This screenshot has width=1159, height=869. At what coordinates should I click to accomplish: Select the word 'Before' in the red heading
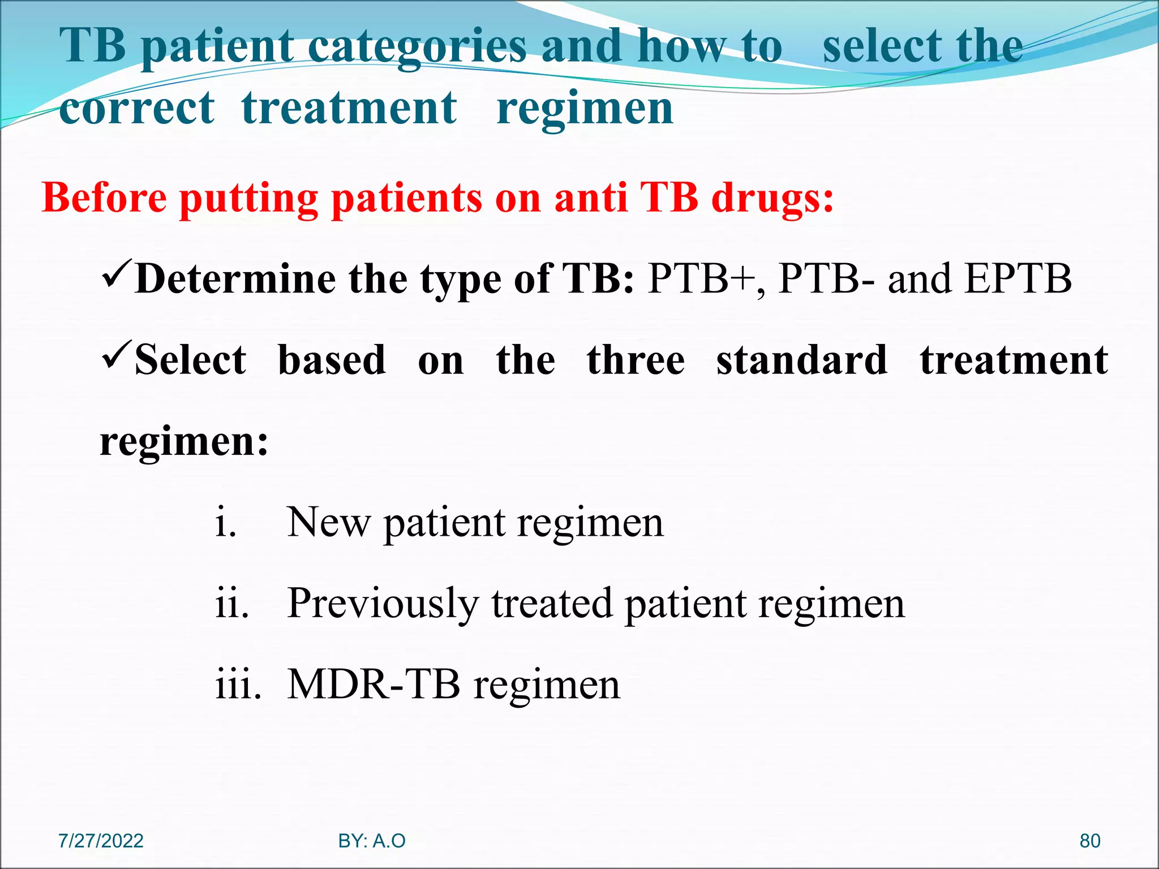click(x=105, y=198)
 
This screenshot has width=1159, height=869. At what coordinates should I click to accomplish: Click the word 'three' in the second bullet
click(x=636, y=360)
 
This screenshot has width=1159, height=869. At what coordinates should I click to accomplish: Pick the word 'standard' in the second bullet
click(x=801, y=360)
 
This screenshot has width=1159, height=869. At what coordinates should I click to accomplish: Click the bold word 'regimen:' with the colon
click(x=184, y=442)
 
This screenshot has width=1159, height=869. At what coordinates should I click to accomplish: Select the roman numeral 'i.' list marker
click(x=226, y=523)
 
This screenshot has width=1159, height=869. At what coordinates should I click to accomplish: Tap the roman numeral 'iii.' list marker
click(x=238, y=685)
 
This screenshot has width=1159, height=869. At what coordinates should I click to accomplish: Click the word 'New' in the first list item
click(x=328, y=523)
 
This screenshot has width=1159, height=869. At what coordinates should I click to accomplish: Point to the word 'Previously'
click(x=383, y=604)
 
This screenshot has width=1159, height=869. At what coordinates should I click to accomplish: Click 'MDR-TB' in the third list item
click(x=374, y=685)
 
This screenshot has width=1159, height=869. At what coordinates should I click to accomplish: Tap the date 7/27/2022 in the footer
click(x=101, y=841)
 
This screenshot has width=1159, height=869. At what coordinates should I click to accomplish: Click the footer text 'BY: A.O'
click(x=372, y=841)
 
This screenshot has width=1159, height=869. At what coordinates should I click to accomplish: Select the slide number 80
click(x=1089, y=841)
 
